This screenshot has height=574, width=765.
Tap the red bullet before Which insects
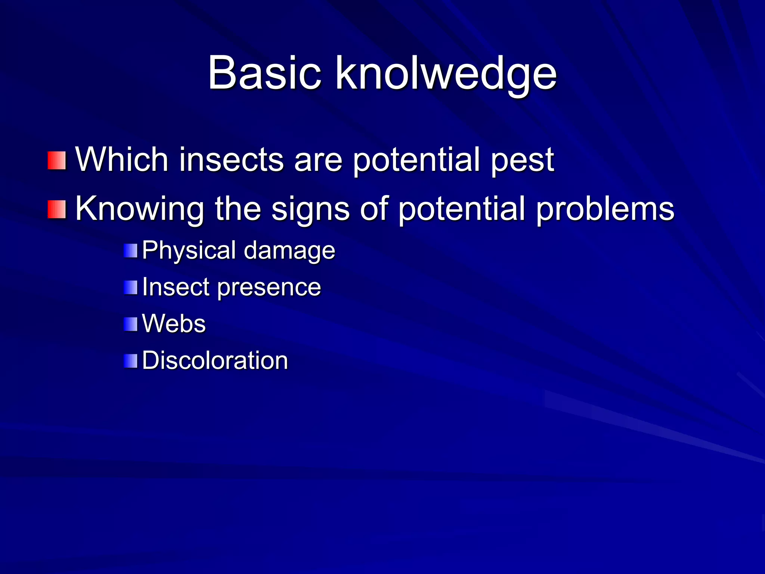click(57, 160)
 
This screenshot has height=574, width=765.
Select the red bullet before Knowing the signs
click(57, 209)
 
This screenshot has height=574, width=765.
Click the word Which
click(122, 160)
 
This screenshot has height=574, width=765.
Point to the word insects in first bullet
click(232, 160)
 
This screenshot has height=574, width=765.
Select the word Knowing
click(140, 209)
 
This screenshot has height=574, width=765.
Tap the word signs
click(310, 209)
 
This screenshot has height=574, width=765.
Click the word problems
click(605, 209)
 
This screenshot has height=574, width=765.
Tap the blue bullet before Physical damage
click(131, 250)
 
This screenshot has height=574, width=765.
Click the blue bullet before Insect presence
click(131, 287)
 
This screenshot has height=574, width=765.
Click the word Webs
click(174, 324)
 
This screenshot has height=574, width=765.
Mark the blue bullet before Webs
click(131, 324)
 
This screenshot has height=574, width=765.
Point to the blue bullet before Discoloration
click(131, 361)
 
